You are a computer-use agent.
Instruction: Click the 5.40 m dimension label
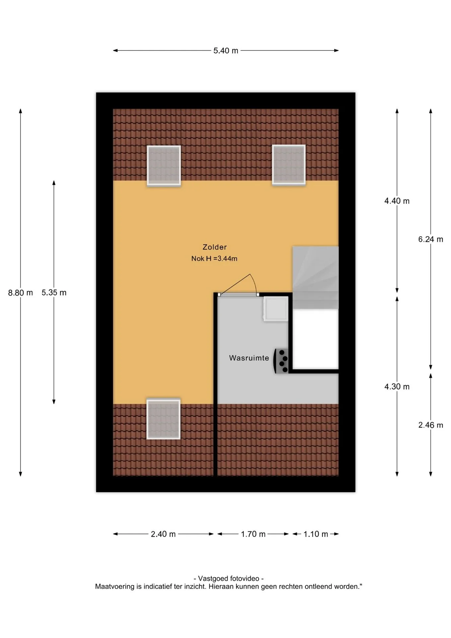click(x=225, y=51)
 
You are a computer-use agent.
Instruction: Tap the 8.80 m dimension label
click(x=21, y=293)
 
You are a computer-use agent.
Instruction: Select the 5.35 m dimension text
click(x=54, y=293)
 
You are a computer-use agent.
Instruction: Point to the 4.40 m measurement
click(x=397, y=201)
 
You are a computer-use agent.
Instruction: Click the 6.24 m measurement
click(x=431, y=239)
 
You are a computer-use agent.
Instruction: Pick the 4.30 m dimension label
click(x=397, y=386)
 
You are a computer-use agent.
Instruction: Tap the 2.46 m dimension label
click(x=431, y=425)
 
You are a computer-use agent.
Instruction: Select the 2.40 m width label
click(x=163, y=534)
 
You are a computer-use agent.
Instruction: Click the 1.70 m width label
click(x=253, y=534)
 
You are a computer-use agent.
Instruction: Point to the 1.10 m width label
click(x=316, y=534)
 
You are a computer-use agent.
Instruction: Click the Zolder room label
click(x=215, y=247)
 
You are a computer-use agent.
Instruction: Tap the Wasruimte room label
click(x=249, y=358)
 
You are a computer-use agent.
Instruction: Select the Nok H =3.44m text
click(x=214, y=259)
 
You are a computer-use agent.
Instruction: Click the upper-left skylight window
click(x=164, y=165)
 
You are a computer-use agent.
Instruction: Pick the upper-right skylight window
click(x=289, y=165)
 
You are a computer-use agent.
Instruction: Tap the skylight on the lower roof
click(x=163, y=419)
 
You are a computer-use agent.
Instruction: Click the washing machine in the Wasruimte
click(x=276, y=309)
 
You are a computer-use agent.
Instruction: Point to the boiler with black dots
click(x=281, y=361)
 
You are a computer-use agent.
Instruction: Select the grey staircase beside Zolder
click(x=316, y=277)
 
